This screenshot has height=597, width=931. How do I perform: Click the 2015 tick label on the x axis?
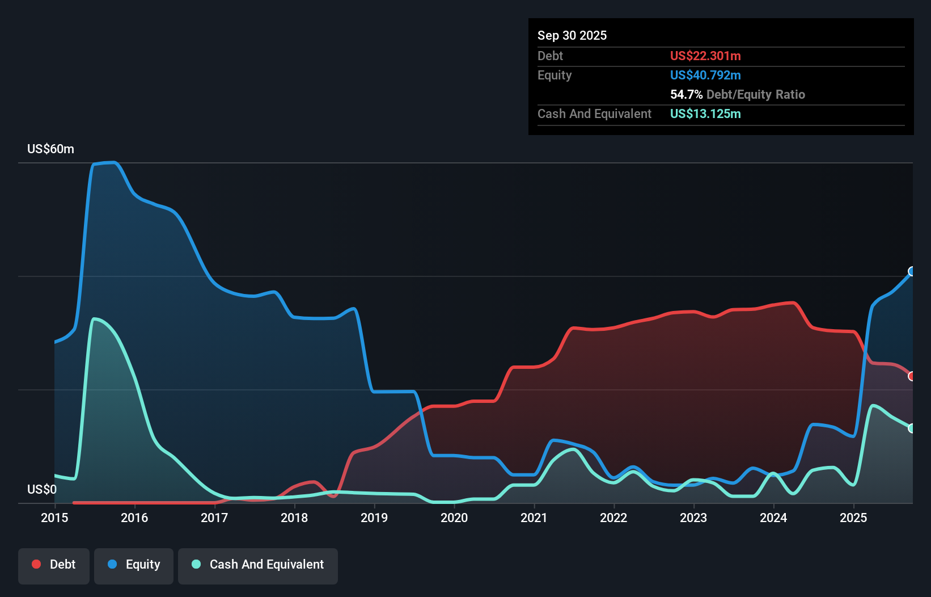tap(54, 518)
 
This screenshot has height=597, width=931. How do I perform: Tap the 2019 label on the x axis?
tap(374, 518)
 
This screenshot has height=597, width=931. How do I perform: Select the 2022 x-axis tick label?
tap(613, 518)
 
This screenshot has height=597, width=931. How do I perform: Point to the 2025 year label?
tap(853, 518)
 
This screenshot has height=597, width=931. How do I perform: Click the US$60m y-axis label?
tap(50, 149)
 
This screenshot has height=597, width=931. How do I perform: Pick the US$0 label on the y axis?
tap(42, 489)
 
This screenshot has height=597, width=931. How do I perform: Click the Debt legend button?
tap(54, 565)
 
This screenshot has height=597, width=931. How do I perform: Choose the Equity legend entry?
tap(134, 565)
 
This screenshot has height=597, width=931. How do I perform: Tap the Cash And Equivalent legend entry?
tap(258, 565)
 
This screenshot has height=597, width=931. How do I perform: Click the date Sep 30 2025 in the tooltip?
tap(572, 35)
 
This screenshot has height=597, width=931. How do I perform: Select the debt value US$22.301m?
tap(705, 56)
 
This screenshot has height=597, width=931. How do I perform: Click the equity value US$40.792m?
tap(705, 75)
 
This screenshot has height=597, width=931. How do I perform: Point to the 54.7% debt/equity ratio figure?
tap(686, 94)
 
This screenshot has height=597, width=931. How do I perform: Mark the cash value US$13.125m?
tap(705, 113)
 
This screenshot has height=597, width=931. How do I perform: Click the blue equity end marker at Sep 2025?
tap(912, 271)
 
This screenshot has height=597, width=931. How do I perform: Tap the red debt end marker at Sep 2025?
tap(912, 376)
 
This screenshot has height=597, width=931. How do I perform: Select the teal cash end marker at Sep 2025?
tap(912, 428)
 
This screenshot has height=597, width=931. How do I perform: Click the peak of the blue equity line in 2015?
tap(113, 162)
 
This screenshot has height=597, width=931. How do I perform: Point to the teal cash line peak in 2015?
tap(94, 319)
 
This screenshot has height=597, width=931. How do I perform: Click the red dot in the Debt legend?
tap(36, 564)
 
